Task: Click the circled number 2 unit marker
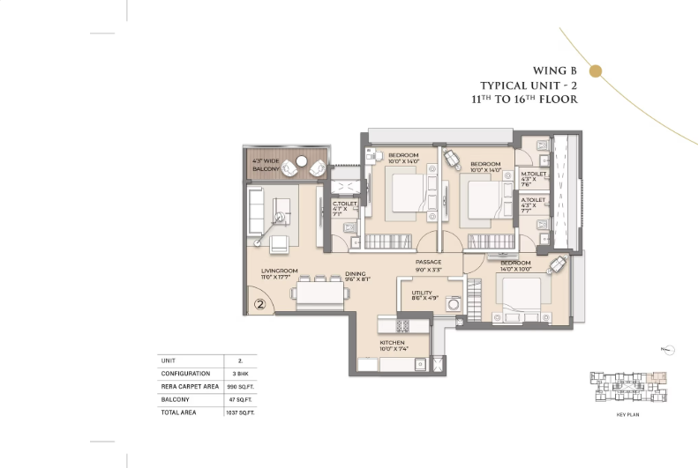(260, 305)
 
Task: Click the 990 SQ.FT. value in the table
(234, 387)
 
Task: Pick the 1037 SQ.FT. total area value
(234, 412)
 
